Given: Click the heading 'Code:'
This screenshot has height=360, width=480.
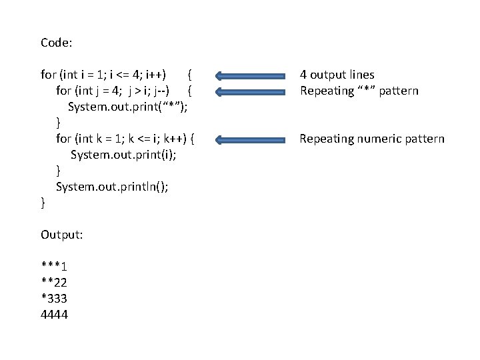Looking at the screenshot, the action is coord(57,43).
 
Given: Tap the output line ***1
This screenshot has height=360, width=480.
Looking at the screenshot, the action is coord(57,267).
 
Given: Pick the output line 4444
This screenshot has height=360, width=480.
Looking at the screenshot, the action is coord(55,315).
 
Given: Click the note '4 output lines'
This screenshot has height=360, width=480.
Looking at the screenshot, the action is coord(337,75).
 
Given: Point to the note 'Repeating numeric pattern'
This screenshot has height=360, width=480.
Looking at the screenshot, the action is coord(371,139).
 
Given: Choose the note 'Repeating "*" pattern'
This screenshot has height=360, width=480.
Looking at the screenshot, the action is coord(359,91).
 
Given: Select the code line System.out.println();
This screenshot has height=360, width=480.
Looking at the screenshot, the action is coord(112,187).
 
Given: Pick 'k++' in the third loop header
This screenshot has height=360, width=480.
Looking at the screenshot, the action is coord(172,139).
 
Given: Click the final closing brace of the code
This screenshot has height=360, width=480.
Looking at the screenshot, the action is coord(43,202).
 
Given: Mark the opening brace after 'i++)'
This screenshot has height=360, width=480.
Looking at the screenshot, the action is coord(190,74).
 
